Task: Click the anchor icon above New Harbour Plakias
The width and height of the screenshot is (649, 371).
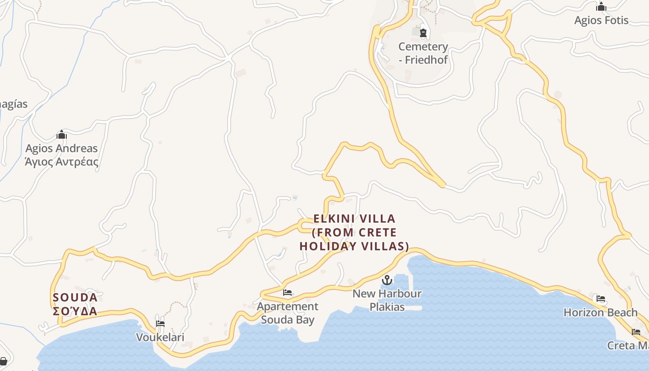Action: (387, 280)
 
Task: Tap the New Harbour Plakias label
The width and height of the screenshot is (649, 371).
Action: (387, 300)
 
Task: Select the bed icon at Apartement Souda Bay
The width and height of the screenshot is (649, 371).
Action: (287, 293)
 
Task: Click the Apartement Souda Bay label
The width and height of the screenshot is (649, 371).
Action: (287, 313)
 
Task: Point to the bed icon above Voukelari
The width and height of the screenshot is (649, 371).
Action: (160, 323)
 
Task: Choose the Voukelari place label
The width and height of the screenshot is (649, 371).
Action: (160, 337)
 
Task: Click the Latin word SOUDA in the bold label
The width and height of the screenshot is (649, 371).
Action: (75, 297)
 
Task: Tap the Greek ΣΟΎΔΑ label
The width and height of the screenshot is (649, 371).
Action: (75, 311)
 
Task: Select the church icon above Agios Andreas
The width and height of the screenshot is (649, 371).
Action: (62, 135)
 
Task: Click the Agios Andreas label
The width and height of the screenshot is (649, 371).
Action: (62, 148)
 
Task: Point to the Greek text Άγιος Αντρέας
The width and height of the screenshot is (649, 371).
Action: (62, 161)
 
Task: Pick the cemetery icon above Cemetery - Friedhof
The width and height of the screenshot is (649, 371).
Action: (423, 33)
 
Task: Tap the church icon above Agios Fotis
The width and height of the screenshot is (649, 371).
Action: (601, 6)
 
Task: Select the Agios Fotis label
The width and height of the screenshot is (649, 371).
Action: (601, 20)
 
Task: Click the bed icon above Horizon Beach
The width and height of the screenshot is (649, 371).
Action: (601, 298)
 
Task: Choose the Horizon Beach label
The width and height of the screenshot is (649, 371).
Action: (600, 313)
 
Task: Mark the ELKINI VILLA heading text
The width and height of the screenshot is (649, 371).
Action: (355, 218)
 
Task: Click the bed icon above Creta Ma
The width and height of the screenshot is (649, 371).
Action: (636, 332)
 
